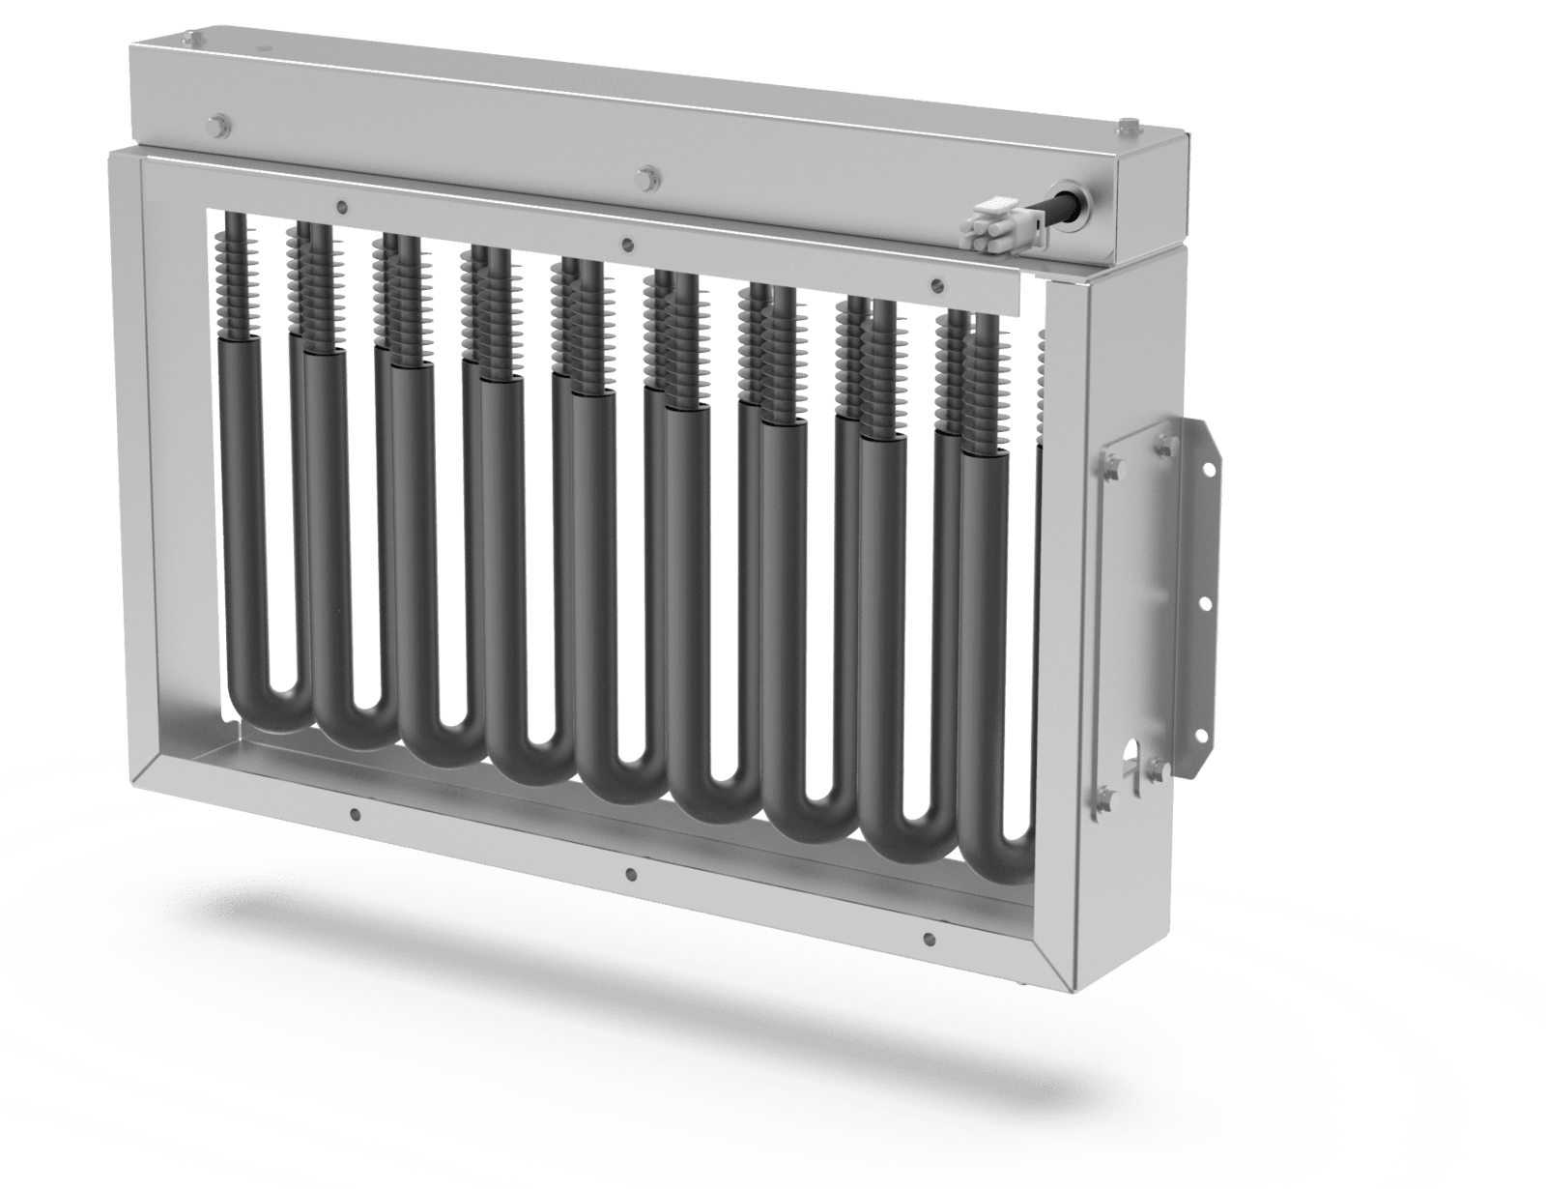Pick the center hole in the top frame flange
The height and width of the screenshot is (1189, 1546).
627,244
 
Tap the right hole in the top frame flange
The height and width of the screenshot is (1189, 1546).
934,284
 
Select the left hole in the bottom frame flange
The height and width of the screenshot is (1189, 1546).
357,815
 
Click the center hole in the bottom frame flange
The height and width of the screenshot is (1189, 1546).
630,875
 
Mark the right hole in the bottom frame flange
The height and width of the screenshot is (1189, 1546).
928,938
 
